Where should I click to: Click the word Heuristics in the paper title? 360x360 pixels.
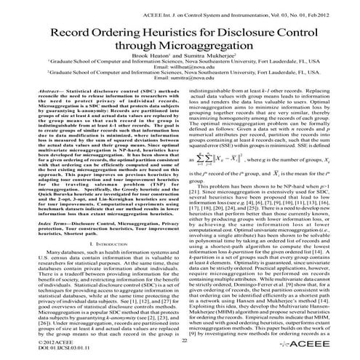[154, 34]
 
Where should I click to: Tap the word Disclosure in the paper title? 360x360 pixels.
[239, 34]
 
